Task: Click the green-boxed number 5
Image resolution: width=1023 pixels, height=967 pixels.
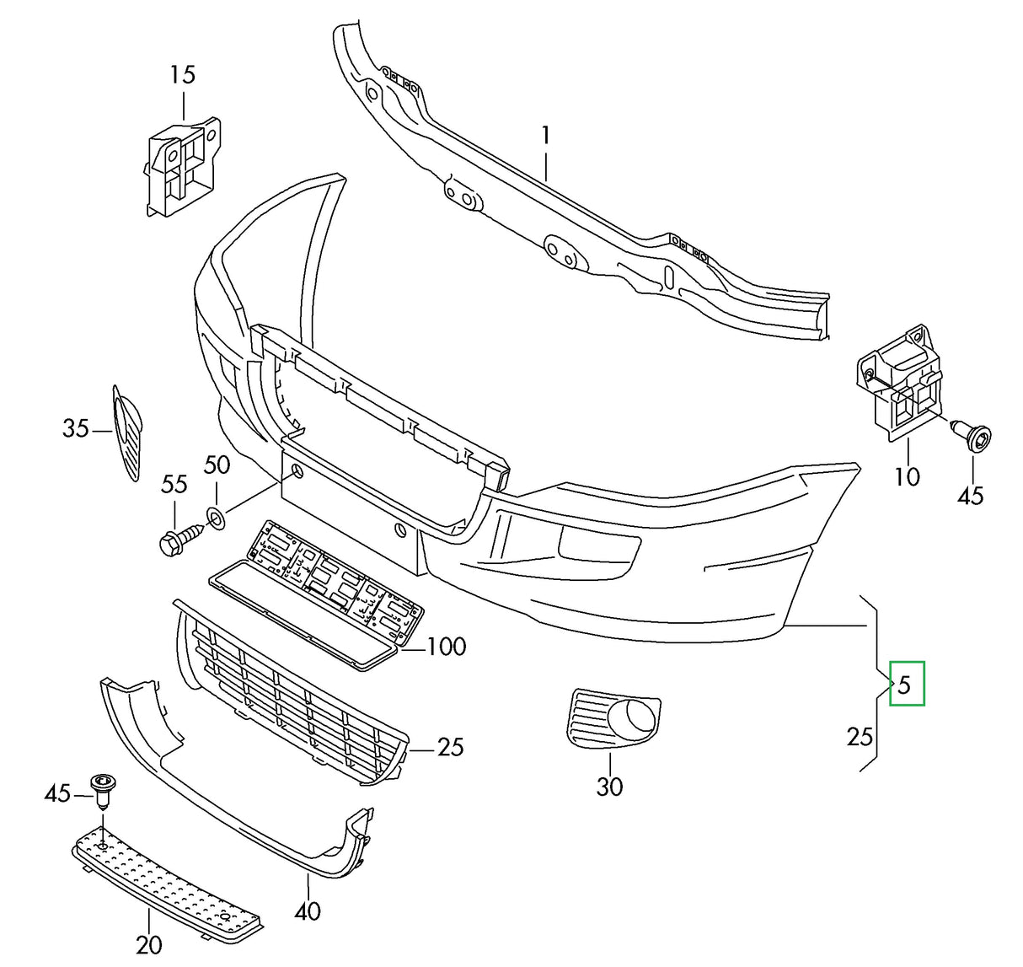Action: (x=904, y=684)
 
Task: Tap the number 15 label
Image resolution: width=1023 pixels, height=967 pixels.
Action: (x=182, y=75)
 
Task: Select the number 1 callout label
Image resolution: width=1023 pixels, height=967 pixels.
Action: (x=546, y=135)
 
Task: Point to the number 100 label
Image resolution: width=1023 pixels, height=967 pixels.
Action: (x=446, y=647)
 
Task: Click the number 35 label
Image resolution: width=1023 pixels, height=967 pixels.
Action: (x=76, y=429)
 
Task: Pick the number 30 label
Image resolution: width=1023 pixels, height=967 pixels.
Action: (x=609, y=787)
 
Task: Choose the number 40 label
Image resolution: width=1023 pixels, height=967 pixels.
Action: (x=308, y=911)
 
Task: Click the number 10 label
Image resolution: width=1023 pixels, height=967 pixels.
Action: (x=907, y=477)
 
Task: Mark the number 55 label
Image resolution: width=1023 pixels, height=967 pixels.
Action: (x=174, y=484)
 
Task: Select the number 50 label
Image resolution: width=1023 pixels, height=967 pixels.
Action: (x=217, y=465)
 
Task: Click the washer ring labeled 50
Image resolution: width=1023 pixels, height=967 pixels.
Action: (x=215, y=518)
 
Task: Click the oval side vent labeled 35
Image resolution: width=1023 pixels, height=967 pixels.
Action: (x=127, y=430)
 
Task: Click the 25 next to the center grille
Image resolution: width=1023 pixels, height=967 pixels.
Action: (x=451, y=747)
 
